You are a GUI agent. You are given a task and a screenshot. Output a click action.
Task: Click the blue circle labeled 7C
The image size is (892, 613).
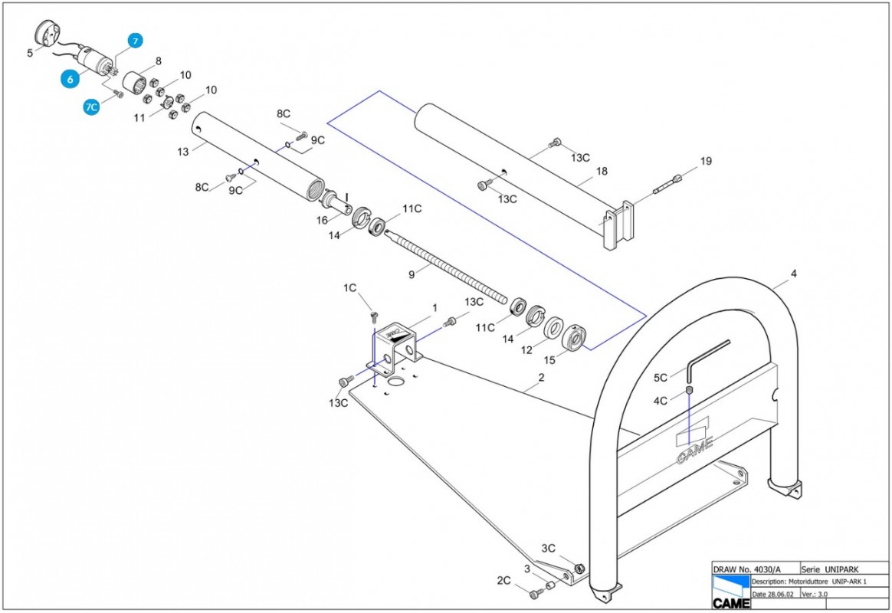(x=91, y=107)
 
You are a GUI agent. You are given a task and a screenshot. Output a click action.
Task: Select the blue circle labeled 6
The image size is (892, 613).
(x=71, y=78)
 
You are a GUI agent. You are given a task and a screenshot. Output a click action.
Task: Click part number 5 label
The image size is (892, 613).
(x=30, y=53)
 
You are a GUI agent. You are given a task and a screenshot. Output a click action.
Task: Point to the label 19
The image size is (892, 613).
(x=706, y=161)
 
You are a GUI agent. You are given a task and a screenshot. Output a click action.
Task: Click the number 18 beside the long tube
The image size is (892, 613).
(x=602, y=172)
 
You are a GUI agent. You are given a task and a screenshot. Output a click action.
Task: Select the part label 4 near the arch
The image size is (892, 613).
(x=794, y=274)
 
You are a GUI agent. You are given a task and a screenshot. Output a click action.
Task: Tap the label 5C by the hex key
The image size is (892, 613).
(x=661, y=378)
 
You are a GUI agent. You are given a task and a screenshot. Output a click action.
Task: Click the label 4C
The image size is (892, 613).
(x=661, y=400)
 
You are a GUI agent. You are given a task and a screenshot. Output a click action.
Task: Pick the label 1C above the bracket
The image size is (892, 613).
(x=349, y=288)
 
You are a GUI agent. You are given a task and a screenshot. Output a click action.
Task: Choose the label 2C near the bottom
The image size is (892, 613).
(x=503, y=581)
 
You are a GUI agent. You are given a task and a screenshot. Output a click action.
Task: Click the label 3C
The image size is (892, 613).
(x=548, y=549)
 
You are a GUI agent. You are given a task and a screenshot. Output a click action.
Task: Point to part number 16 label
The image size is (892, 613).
(x=323, y=220)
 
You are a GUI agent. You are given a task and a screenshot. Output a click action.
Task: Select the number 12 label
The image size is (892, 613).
(x=525, y=349)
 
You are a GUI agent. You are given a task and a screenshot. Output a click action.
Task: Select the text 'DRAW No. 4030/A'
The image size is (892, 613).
(x=747, y=569)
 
